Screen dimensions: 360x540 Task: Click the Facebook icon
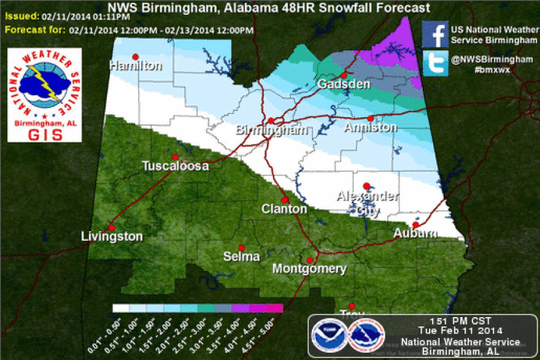coord(435,35)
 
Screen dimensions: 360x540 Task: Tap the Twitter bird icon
coord(435,64)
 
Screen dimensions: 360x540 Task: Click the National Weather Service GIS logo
coord(44,95)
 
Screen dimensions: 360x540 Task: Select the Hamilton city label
coord(136,66)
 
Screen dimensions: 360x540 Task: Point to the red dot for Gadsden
coord(344,75)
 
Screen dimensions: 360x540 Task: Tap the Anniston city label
coord(370,128)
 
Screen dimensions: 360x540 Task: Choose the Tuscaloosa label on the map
coord(175,166)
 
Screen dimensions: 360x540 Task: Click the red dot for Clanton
coord(285,200)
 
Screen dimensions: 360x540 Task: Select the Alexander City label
coord(367,203)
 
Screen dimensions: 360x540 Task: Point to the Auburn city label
coord(416,234)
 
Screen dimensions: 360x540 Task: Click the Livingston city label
coord(112,237)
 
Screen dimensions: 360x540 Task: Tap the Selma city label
coord(241,256)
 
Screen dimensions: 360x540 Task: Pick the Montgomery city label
coord(309,269)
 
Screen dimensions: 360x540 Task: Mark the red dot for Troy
coord(352,305)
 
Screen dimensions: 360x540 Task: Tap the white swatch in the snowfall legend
coord(121,308)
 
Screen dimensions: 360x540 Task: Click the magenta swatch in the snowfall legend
coord(274,308)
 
